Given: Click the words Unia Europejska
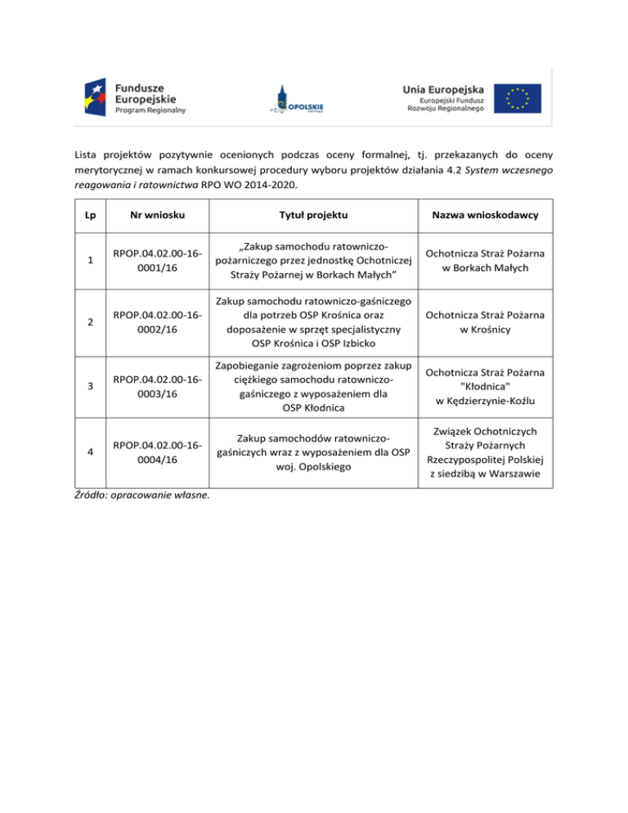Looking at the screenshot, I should [x=443, y=88].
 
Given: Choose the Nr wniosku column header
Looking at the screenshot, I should [x=160, y=214].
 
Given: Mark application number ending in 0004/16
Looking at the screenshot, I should [x=160, y=452].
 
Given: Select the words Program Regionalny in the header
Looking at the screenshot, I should [x=151, y=110].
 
